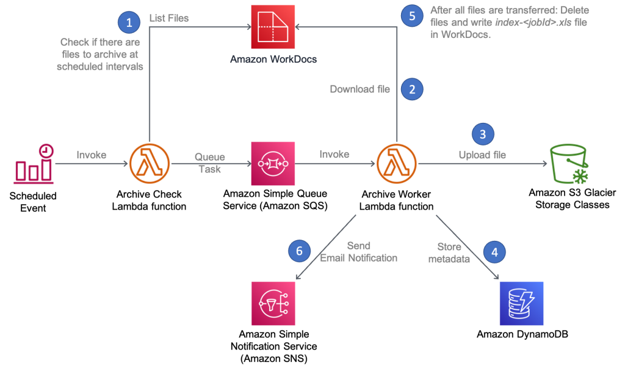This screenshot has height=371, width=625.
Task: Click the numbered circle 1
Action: (x=129, y=23)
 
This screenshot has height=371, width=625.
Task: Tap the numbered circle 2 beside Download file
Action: (x=412, y=89)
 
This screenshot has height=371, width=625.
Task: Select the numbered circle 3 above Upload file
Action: (x=483, y=134)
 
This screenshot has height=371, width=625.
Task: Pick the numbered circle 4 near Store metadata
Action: (x=494, y=251)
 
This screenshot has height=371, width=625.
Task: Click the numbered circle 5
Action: (x=412, y=16)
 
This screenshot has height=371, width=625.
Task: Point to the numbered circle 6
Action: (x=298, y=251)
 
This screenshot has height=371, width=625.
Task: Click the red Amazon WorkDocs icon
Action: (x=273, y=26)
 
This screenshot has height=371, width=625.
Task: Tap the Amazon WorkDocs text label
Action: (x=273, y=60)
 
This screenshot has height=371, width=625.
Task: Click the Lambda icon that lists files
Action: (x=149, y=164)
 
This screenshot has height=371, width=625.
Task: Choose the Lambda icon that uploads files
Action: (x=397, y=164)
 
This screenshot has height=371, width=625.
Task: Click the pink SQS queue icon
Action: (x=273, y=164)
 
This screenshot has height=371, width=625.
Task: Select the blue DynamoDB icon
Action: (x=521, y=304)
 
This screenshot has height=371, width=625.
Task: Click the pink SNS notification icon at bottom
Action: (x=273, y=304)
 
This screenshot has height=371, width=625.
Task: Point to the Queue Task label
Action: (x=210, y=163)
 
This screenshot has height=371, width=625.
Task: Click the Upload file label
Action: (x=482, y=155)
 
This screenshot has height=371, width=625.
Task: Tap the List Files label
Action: (x=169, y=18)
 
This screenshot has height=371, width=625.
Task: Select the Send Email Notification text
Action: (x=359, y=252)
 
